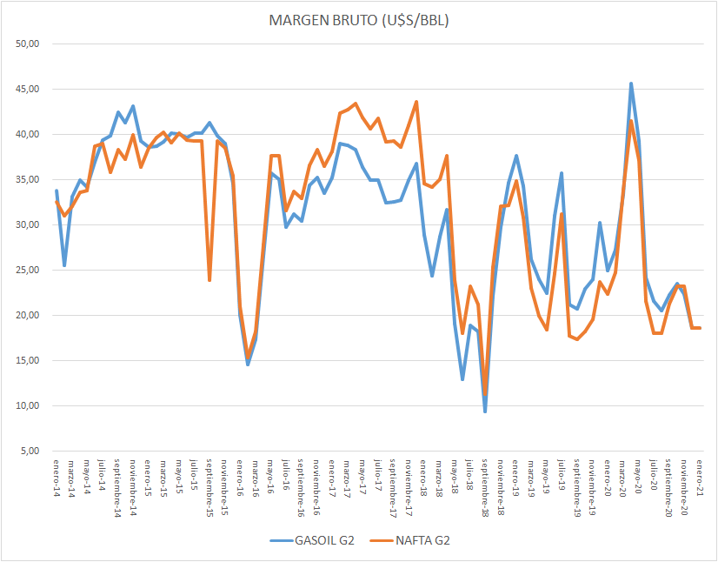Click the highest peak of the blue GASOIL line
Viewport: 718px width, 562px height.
point(631,84)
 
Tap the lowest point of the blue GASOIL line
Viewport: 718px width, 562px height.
point(485,411)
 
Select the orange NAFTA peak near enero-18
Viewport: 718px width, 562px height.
point(416,102)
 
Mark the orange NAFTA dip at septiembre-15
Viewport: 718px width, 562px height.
point(209,280)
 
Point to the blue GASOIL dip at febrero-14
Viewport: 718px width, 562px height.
point(64,265)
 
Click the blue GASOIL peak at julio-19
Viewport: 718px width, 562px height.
point(562,173)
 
